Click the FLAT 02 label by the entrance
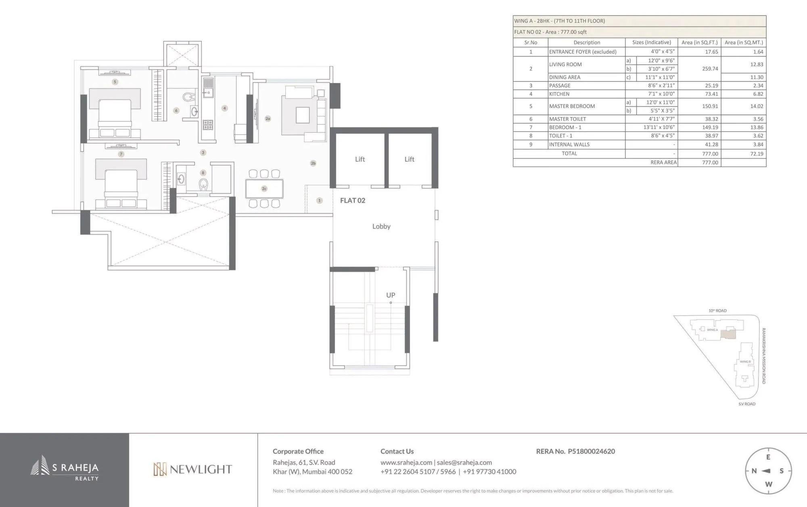pyautogui.click(x=352, y=201)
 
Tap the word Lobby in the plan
pyautogui.click(x=381, y=226)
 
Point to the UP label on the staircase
pyautogui.click(x=390, y=295)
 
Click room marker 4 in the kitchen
pyautogui.click(x=225, y=108)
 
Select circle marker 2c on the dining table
pyautogui.click(x=264, y=189)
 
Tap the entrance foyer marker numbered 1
pyautogui.click(x=319, y=200)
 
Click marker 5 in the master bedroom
pyautogui.click(x=115, y=82)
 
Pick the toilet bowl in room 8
pyautogui.click(x=203, y=184)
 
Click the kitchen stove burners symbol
pyautogui.click(x=208, y=124)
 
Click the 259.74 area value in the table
pyautogui.click(x=710, y=69)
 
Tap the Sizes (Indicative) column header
pyautogui.click(x=651, y=42)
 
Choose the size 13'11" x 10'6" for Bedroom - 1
pyautogui.click(x=659, y=127)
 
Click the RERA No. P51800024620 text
pyautogui.click(x=575, y=451)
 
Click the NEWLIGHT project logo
pyautogui.click(x=192, y=469)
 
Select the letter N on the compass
pyautogui.click(x=754, y=471)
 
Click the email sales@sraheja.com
pyautogui.click(x=464, y=463)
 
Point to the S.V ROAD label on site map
pyautogui.click(x=746, y=404)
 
